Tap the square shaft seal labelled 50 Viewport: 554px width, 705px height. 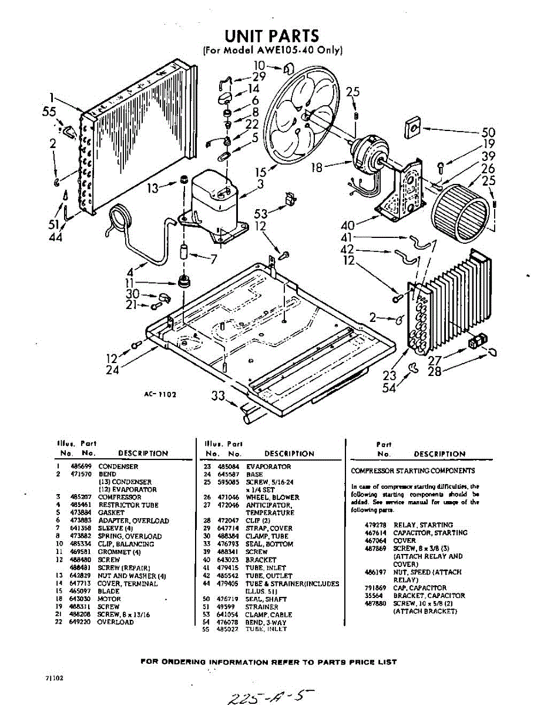(x=413, y=127)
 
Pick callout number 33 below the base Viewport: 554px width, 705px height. (x=219, y=397)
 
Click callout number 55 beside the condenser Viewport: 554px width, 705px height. (x=49, y=112)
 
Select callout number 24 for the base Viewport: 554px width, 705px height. (x=113, y=370)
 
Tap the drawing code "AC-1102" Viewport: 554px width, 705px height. (x=160, y=394)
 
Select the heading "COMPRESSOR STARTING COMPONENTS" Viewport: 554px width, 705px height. (x=412, y=471)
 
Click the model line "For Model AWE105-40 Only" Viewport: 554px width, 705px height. (x=271, y=51)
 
